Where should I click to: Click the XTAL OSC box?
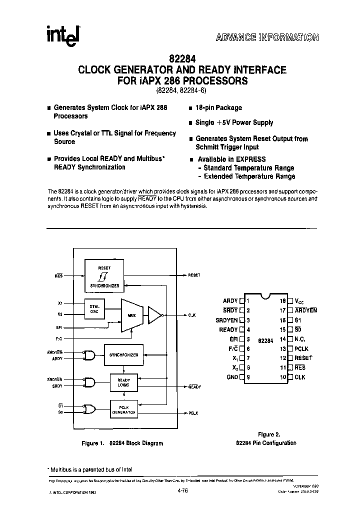point(94,309)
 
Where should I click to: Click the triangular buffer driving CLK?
point(156,315)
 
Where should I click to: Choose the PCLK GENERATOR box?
point(123,410)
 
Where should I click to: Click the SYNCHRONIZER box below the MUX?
point(123,354)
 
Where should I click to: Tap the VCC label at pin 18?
point(299,301)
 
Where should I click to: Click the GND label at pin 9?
point(231,377)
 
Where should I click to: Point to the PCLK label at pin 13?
point(302,348)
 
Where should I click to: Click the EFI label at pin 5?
point(233,339)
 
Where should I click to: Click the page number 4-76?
point(183,491)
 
